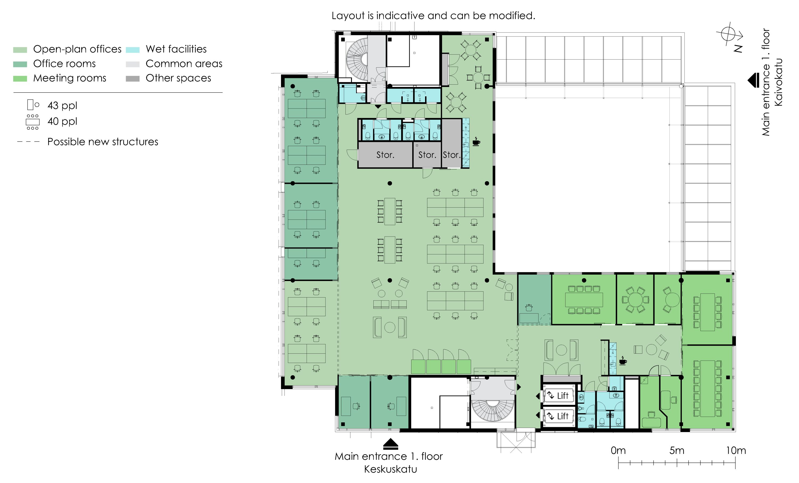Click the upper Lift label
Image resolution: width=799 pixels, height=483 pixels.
562,395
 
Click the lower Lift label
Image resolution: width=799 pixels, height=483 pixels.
562,416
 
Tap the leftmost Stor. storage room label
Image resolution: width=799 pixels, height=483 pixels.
385,155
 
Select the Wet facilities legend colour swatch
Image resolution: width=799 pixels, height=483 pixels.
133,50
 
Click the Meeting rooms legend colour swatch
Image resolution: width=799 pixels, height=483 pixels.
20,79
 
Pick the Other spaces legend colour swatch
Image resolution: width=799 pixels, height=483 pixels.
133,79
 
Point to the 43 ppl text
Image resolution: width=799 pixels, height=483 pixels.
62,106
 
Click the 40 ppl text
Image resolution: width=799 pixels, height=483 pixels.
62,121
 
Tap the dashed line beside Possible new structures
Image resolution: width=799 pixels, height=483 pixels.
28,142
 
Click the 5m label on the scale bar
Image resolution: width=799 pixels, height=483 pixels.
677,450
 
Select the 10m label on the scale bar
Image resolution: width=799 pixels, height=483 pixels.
736,450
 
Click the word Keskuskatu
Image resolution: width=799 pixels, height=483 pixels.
390,469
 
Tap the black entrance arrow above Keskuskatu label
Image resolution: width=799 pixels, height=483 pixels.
390,444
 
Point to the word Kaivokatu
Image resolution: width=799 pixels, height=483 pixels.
778,82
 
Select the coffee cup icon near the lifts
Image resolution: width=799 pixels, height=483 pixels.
623,361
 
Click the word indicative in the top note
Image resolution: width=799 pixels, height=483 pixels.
401,15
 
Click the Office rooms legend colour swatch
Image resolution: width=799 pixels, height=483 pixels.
20,64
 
